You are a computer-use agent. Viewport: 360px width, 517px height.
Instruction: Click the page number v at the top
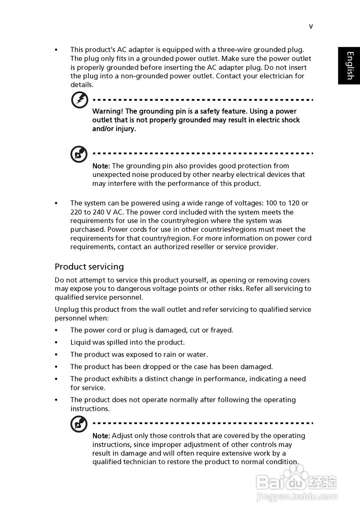click(311, 27)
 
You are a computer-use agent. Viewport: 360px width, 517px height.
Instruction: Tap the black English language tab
click(349, 66)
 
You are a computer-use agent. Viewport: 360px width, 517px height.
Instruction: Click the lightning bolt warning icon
click(80, 100)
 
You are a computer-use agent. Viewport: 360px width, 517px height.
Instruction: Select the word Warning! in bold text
click(108, 111)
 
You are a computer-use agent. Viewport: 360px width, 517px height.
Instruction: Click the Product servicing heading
click(89, 267)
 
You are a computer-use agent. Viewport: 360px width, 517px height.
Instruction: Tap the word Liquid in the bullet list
click(80, 343)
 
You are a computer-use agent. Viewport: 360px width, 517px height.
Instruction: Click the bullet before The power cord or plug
click(57, 330)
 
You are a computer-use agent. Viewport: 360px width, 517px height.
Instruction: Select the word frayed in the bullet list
click(222, 330)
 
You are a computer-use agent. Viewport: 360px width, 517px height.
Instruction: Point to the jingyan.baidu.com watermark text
click(297, 497)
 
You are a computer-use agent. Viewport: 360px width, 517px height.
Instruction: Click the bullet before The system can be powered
click(57, 204)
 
